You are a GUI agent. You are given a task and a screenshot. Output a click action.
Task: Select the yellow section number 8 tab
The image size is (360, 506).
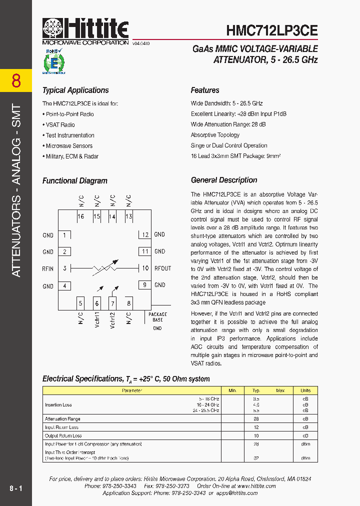click(16, 80)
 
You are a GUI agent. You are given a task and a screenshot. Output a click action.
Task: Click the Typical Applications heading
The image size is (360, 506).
click(75, 90)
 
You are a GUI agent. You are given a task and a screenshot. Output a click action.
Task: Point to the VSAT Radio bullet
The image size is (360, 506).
click(60, 125)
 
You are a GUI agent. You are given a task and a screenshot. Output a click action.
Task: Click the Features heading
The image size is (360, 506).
click(205, 90)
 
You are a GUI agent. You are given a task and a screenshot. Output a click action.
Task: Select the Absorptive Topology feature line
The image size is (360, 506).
click(215, 135)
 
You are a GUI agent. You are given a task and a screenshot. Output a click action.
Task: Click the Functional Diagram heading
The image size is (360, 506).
click(74, 180)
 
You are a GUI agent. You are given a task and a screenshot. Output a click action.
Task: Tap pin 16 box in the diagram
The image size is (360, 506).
click(81, 216)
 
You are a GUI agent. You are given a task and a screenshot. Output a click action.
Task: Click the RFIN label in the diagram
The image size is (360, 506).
click(48, 268)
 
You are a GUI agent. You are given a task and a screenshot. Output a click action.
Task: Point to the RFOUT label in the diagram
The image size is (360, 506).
click(162, 268)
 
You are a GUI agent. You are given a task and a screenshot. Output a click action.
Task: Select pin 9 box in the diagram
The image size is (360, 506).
click(144, 285)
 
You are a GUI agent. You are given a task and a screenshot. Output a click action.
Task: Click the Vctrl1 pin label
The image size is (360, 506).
click(97, 319)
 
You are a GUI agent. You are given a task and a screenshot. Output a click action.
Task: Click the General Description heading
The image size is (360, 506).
click(224, 180)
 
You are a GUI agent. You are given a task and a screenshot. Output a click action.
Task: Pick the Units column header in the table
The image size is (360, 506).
click(305, 390)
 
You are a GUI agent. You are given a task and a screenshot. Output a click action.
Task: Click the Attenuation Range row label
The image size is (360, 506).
click(62, 419)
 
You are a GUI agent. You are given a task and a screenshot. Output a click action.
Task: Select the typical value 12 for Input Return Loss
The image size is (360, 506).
click(256, 427)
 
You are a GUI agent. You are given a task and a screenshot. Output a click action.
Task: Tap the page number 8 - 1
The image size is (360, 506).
click(16, 487)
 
